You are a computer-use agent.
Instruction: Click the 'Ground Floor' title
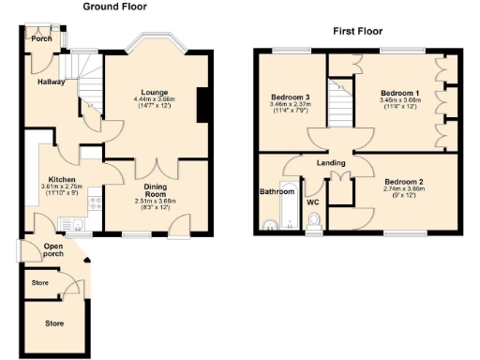click(x=114, y=7)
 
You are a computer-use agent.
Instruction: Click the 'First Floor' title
click(x=357, y=31)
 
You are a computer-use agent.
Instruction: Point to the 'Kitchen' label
click(x=62, y=178)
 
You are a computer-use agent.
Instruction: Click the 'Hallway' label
click(x=52, y=82)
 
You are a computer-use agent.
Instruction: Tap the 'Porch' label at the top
click(x=41, y=39)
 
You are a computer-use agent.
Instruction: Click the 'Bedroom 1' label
click(x=399, y=92)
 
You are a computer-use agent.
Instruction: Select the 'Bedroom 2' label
click(x=405, y=181)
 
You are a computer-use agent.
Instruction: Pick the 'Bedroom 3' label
click(x=290, y=97)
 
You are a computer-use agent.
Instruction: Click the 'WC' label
click(x=312, y=201)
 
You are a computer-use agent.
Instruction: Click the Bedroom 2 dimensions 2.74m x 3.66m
click(x=405, y=188)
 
